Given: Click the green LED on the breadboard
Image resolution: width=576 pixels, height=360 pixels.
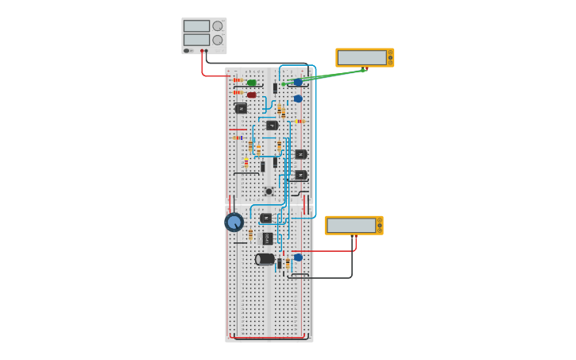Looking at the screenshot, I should coord(252,83).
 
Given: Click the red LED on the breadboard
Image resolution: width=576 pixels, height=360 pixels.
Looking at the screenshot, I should coord(252,95).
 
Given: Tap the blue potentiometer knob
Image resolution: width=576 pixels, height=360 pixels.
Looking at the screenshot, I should coord(234,222).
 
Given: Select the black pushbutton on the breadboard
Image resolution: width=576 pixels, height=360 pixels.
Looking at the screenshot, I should coord(269,192).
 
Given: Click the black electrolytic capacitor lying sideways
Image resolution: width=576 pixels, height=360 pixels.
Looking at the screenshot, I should coord(265,259).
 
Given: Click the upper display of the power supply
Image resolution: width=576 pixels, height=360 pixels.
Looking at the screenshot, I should coord(196,26).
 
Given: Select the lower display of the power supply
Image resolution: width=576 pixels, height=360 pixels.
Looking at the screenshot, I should coord(196,40).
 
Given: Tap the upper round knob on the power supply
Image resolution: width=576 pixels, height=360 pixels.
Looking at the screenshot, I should coord(218,26).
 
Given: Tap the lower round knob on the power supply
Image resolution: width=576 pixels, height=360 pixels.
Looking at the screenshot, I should coord(218,40).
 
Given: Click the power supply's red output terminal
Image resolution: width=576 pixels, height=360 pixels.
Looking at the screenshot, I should coord(202,51).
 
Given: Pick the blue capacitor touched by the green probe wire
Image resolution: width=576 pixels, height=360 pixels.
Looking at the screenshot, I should coord(298,82).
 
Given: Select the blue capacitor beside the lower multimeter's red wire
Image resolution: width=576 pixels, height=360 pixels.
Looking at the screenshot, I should coord(298,257).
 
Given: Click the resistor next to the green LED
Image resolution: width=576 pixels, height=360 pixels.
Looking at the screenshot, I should coord(238,80).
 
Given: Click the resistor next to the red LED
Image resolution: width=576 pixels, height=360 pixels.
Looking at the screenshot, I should coord(238,92).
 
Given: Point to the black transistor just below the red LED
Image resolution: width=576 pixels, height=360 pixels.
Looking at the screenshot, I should coord(241,108).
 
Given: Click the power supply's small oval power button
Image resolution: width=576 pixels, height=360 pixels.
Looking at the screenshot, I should coord(187,51).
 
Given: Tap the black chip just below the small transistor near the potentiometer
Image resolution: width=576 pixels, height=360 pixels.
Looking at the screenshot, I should coord(268,238).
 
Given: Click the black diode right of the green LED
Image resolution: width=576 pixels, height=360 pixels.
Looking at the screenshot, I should coord(275,88).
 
